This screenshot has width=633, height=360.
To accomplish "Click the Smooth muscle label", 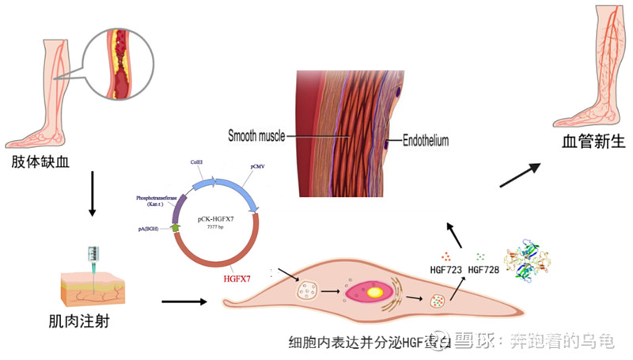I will point(262,135).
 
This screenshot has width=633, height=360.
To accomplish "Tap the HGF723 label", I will point(445,271).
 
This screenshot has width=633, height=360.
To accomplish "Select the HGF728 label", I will point(484,271).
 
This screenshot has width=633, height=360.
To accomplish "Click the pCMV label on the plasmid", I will point(251,168).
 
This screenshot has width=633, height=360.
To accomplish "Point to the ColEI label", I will point(198,161).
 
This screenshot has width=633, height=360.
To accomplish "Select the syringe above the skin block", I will point(94,258).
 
